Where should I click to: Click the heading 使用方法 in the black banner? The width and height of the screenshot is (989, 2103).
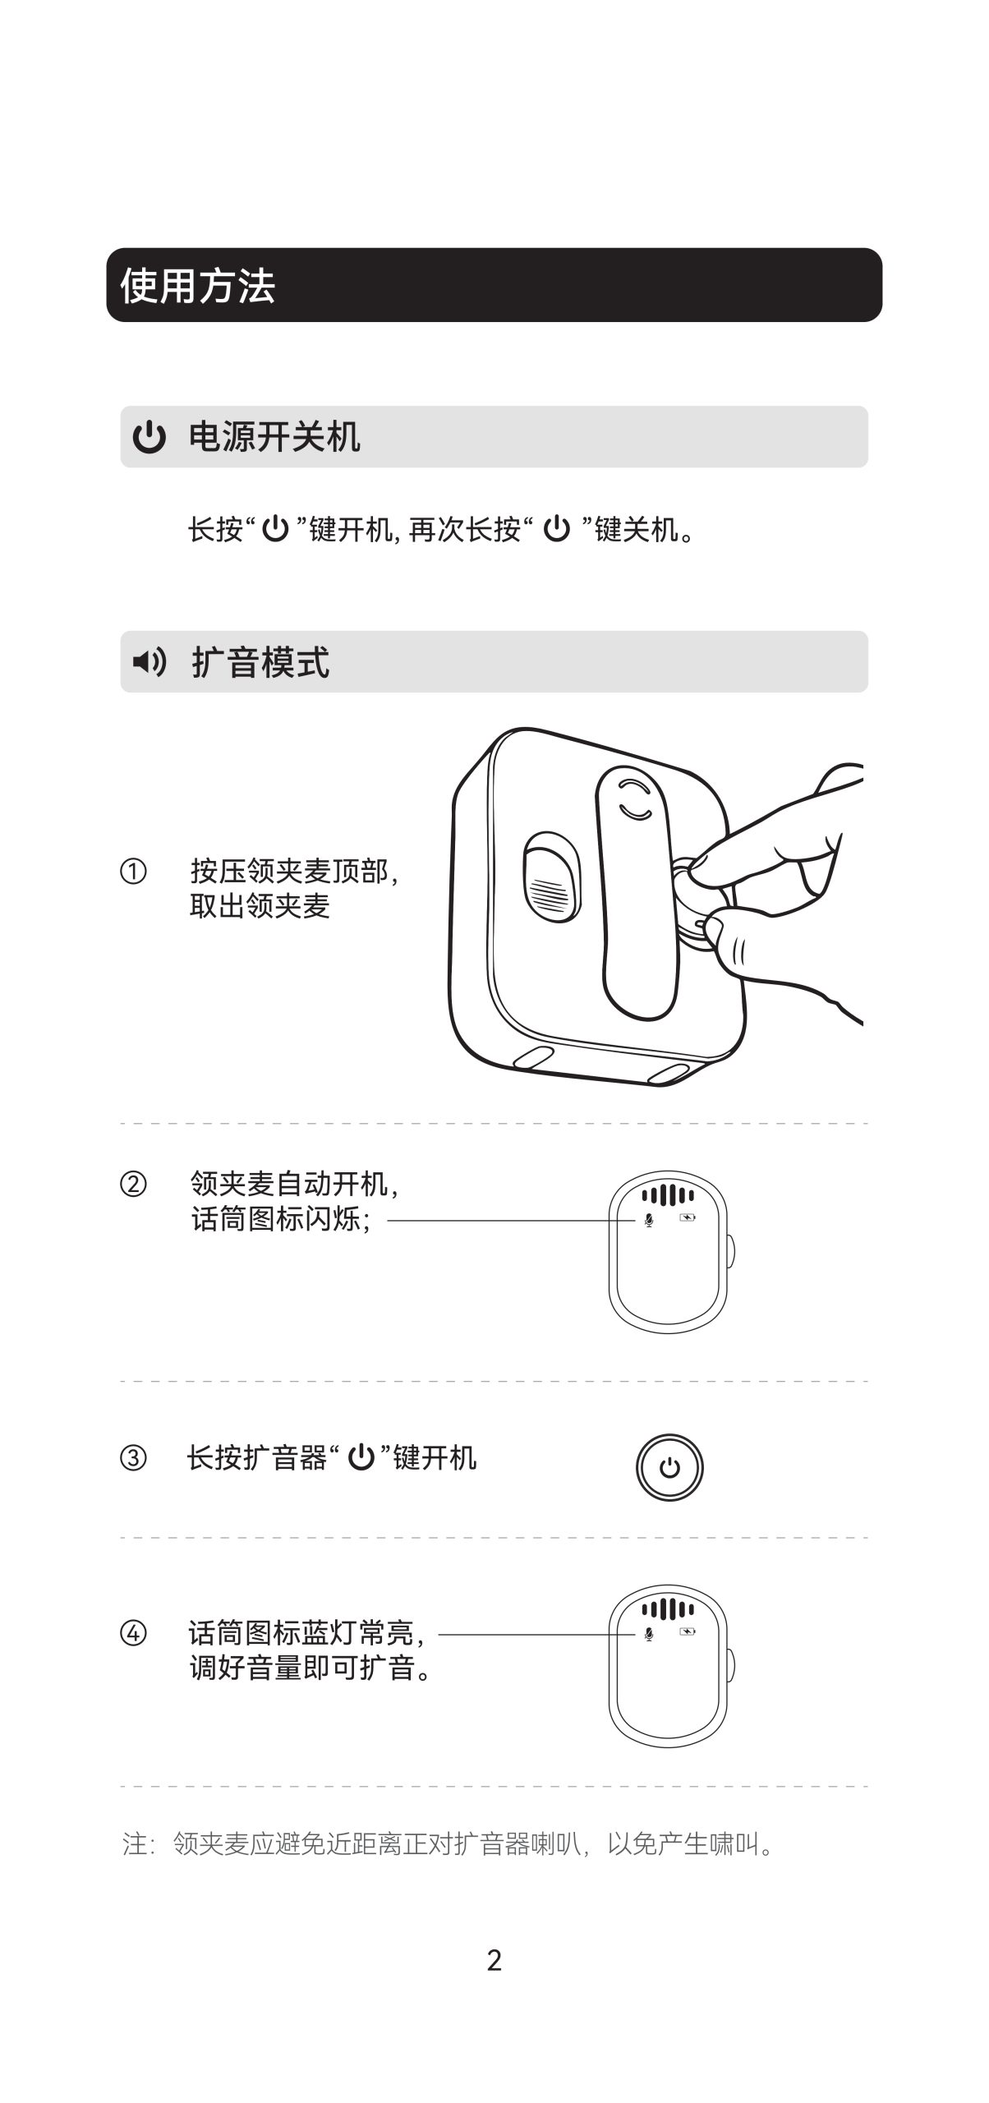[x=197, y=286]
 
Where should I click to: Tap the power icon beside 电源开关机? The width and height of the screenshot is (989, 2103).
[x=149, y=437]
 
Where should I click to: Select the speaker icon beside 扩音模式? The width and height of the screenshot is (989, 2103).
[x=149, y=661]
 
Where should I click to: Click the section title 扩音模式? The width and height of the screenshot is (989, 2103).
[x=260, y=662]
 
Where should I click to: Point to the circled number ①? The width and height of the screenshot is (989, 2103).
[x=133, y=871]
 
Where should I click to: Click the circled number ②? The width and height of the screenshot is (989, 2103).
[x=133, y=1185]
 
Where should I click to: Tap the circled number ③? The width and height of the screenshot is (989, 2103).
[x=133, y=1458]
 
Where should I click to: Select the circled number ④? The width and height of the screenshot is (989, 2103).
[x=133, y=1633]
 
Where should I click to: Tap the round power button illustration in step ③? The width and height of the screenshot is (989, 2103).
[x=669, y=1467]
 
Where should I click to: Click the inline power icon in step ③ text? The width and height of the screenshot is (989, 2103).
[x=361, y=1458]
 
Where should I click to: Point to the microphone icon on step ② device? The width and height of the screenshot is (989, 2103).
[x=649, y=1221]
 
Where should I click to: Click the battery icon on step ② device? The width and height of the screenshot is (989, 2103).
[x=688, y=1217]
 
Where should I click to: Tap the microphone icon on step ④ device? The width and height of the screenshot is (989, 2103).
[x=649, y=1635]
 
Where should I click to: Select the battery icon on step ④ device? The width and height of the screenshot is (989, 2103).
[x=688, y=1631]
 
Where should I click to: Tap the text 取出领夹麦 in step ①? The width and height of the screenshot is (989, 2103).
[x=260, y=906]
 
